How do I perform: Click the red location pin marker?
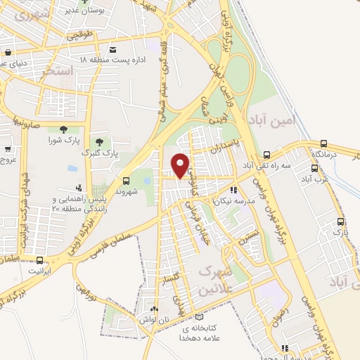(x=181, y=165)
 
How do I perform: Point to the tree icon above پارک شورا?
(x=63, y=129)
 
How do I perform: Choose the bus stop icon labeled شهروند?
(x=126, y=180)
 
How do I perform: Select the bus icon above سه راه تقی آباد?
(x=266, y=155)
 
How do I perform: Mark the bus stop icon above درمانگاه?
(x=323, y=143)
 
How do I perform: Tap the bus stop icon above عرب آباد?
(x=314, y=168)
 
